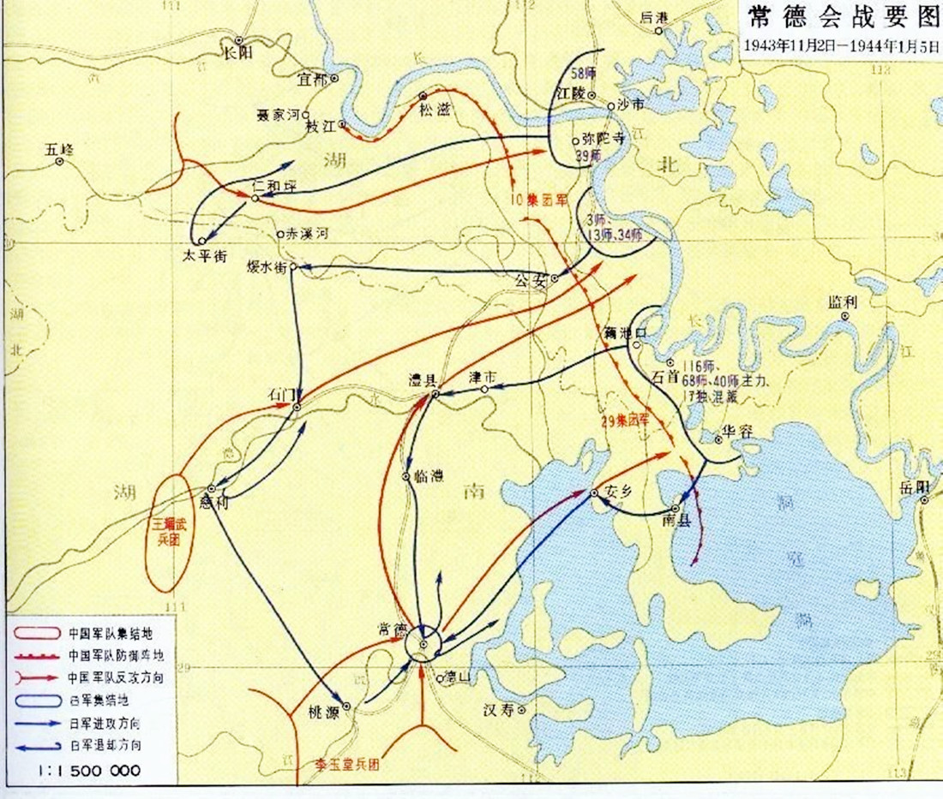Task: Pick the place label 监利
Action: (x=842, y=301)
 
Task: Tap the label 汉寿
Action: (x=498, y=710)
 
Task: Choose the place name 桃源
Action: (x=325, y=711)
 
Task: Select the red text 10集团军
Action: (x=538, y=202)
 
